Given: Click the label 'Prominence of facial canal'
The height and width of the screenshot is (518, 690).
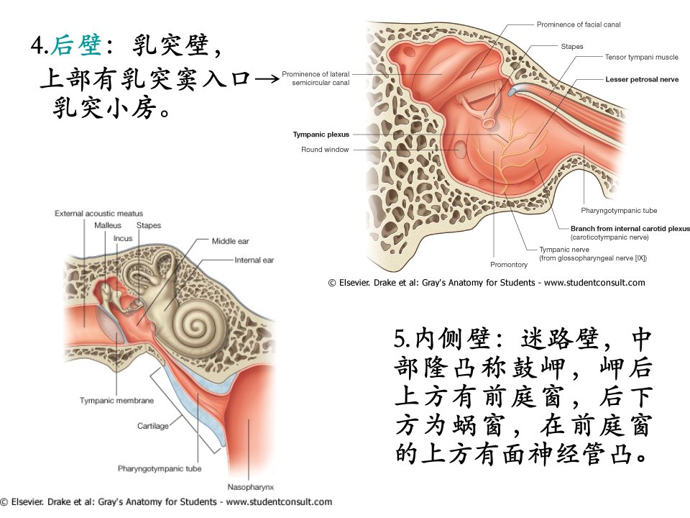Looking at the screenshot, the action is click(578, 24).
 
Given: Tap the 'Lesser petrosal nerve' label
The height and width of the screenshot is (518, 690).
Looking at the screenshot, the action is click(642, 79).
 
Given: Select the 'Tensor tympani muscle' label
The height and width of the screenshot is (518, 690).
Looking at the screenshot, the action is click(641, 57).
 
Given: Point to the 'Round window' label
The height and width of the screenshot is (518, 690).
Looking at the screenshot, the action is click(325, 150).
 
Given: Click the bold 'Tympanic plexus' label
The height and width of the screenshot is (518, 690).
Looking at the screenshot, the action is click(321, 135).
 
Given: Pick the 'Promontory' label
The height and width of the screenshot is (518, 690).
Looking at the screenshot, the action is click(509, 264).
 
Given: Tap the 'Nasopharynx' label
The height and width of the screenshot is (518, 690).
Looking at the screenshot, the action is click(250, 487).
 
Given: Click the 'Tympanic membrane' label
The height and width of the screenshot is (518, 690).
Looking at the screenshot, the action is click(116, 401).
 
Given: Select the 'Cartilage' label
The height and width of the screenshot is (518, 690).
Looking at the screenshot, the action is click(152, 426).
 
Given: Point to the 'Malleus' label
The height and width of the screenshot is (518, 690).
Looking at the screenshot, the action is click(107, 225).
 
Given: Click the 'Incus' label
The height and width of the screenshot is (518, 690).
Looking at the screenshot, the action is click(123, 238).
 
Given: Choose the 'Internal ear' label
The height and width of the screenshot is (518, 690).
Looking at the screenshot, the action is click(254, 260).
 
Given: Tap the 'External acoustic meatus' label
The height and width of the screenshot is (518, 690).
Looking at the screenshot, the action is click(98, 213).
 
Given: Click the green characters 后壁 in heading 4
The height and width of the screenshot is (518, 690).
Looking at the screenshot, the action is click(76, 45).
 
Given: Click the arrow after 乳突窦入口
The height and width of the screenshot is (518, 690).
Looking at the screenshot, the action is click(266, 80).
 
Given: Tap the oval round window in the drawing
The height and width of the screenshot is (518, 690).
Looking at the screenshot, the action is click(460, 150).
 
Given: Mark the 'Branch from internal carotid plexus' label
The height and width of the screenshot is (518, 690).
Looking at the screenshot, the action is click(630, 228).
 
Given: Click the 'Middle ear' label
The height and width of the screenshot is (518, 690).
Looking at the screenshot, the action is click(230, 241).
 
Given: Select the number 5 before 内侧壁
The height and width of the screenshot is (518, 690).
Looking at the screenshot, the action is click(399, 339).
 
